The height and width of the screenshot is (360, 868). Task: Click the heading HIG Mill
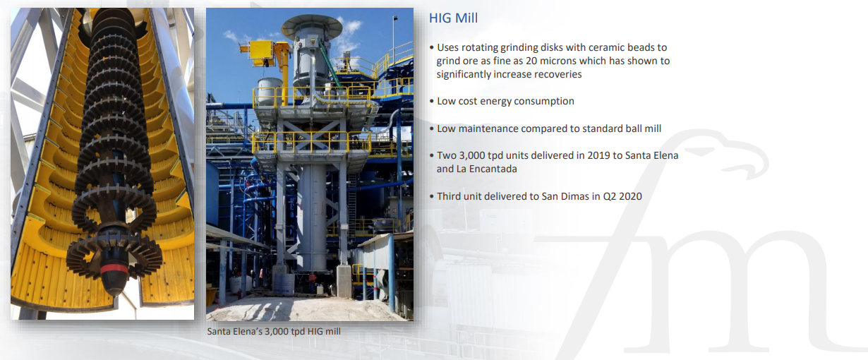pos(453,18)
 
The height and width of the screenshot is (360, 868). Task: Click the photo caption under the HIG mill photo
pos(274,331)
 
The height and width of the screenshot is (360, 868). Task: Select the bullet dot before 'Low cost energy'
pos(432,102)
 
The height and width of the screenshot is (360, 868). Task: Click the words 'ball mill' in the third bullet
pos(640,128)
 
